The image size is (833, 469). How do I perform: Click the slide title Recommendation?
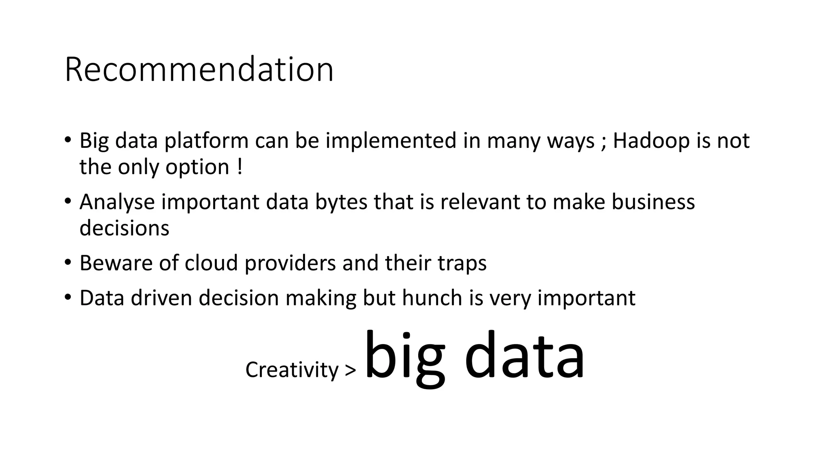199,70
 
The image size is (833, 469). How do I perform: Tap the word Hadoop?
644,141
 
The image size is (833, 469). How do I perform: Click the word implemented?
391,141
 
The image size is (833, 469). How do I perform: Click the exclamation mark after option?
239,167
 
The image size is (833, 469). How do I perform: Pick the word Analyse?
117,202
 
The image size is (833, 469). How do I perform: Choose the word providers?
290,264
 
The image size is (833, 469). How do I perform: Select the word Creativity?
292,370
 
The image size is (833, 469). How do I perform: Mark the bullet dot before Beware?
68,262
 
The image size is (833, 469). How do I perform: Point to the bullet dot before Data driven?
68,297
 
